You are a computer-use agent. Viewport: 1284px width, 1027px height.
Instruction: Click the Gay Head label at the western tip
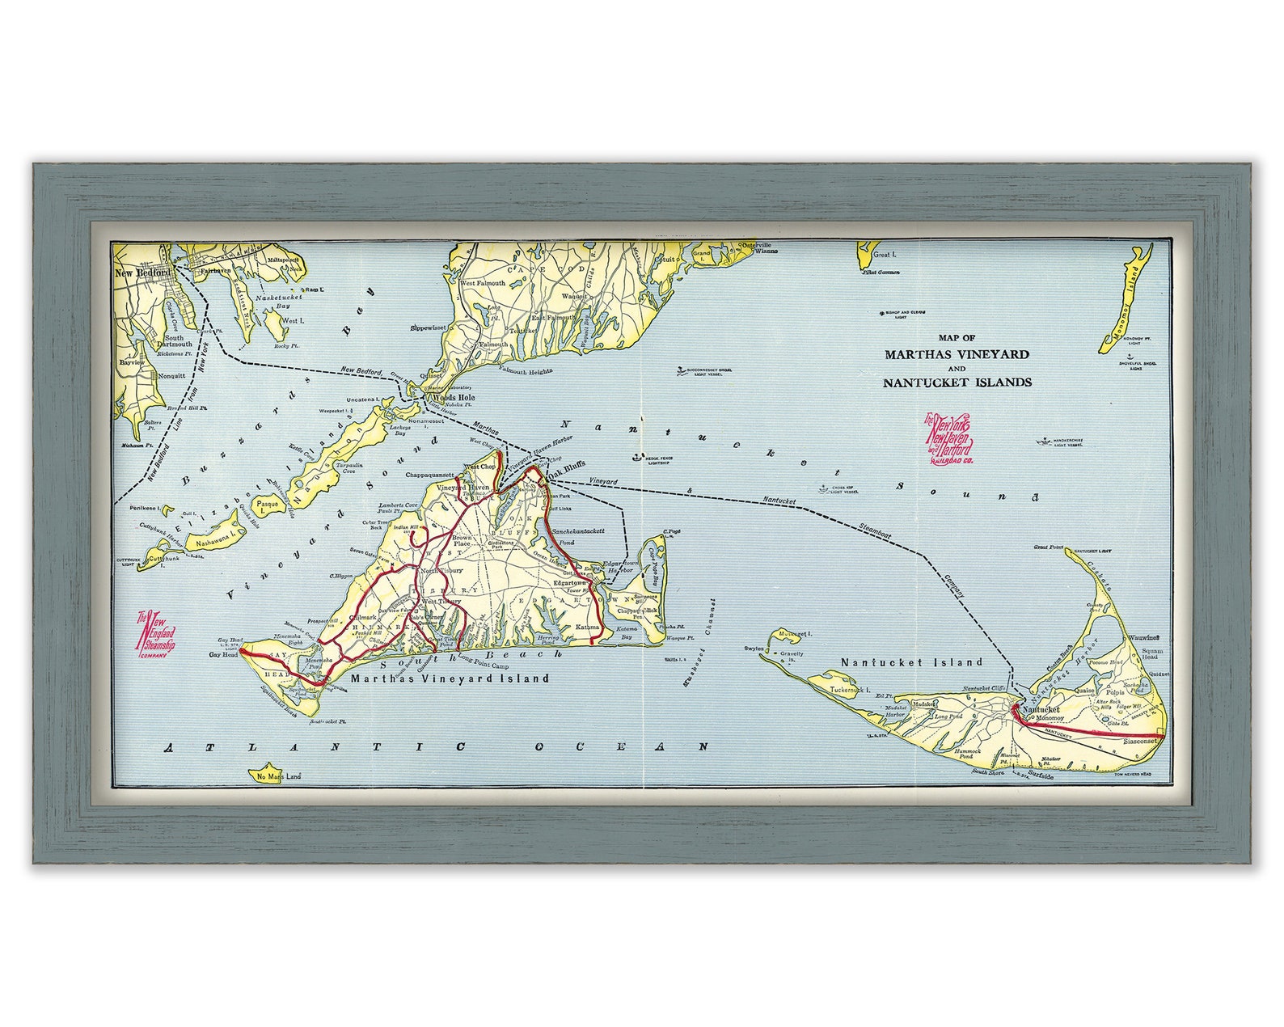point(224,654)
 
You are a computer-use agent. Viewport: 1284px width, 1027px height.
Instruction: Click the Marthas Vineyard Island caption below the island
point(450,679)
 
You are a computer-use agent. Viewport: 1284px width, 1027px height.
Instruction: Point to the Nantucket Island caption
point(911,661)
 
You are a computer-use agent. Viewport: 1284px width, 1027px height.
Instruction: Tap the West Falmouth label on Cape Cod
point(483,284)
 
